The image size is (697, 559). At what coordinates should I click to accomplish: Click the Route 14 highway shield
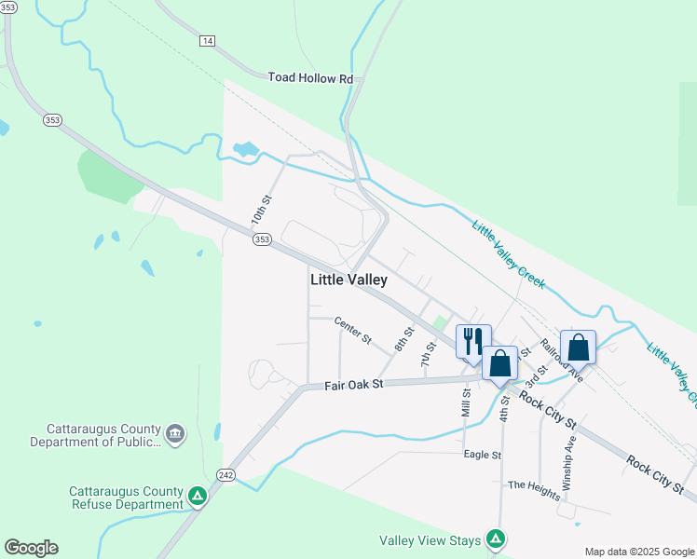(x=207, y=41)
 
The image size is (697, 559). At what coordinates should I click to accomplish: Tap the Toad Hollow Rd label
(x=311, y=78)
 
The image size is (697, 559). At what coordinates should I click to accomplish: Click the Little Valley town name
(x=348, y=279)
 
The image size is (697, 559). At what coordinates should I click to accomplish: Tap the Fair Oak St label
(x=353, y=384)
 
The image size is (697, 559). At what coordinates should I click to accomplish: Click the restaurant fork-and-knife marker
(x=473, y=342)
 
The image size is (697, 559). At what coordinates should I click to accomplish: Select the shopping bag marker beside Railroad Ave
(x=578, y=348)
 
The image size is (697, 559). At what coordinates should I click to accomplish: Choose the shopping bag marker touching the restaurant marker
(x=500, y=363)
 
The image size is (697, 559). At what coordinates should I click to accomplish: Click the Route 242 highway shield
(x=225, y=474)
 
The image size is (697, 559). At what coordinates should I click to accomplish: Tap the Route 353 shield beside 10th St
(x=262, y=239)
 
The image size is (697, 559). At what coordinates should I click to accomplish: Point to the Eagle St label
(x=483, y=455)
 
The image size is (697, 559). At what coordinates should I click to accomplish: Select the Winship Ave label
(x=569, y=463)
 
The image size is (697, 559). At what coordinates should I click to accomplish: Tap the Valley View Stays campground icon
(x=497, y=539)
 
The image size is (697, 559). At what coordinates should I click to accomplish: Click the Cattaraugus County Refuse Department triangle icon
(x=197, y=497)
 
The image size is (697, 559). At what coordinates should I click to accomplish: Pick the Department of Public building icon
(x=174, y=433)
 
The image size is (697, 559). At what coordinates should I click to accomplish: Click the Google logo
(x=31, y=548)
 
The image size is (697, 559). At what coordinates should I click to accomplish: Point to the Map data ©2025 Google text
(x=640, y=552)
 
